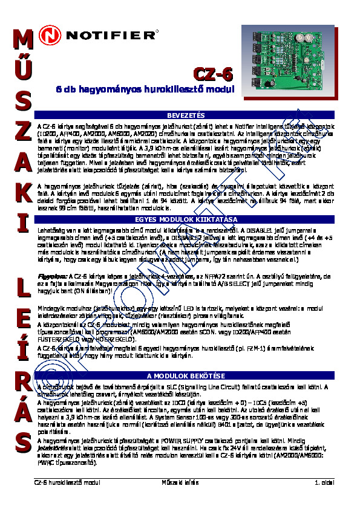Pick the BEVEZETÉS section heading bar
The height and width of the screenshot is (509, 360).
coord(186,115)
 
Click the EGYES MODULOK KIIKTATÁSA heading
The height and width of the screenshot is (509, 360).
coord(186,219)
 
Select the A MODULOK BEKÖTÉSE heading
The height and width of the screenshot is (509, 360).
coord(186,376)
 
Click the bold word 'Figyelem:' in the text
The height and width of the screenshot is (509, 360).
coord(50,275)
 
